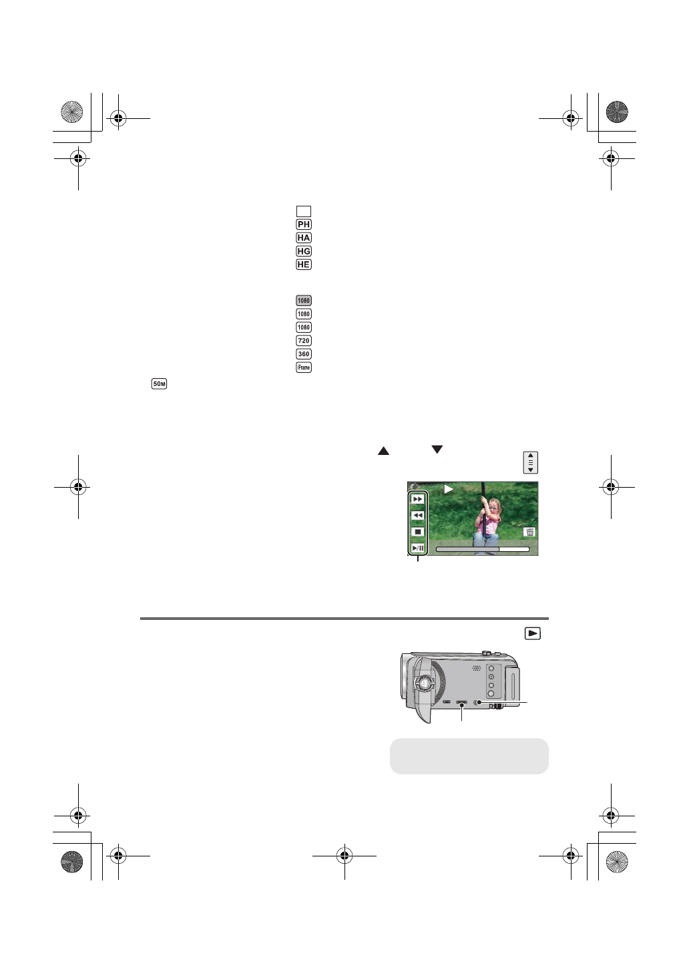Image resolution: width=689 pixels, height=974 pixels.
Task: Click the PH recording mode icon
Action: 304,224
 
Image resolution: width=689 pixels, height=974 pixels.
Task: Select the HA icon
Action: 304,238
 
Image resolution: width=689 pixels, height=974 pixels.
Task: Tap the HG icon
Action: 304,251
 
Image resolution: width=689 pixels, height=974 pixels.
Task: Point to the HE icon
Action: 304,265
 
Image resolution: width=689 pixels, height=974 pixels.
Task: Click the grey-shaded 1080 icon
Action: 304,301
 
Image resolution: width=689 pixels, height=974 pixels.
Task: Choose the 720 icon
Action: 304,341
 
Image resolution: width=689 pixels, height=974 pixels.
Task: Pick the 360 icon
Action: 304,354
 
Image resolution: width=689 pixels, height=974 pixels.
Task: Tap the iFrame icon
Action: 304,367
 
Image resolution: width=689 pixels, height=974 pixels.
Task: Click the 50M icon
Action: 159,383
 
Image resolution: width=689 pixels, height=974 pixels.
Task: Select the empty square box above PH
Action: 304,211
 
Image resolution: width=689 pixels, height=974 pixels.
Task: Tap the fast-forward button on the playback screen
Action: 417,499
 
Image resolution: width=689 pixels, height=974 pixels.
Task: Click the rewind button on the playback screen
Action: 417,516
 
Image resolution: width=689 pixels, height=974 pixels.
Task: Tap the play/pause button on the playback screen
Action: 417,548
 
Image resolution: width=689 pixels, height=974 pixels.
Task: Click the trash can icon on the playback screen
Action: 529,532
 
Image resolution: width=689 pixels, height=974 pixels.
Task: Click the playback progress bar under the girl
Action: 482,549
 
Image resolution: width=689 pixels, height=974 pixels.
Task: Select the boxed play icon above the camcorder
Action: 532,633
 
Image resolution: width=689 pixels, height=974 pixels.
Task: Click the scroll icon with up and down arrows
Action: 531,462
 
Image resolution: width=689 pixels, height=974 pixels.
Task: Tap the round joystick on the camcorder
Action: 423,683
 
